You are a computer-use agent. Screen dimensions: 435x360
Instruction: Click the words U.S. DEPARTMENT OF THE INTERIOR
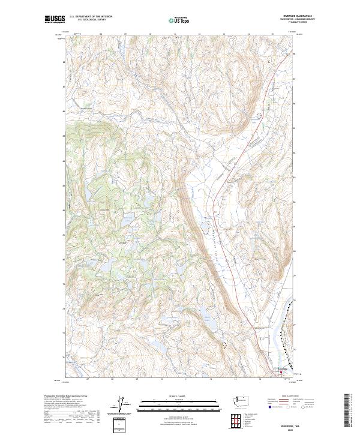point(91,17)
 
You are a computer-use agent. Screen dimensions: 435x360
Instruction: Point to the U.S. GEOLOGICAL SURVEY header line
point(91,20)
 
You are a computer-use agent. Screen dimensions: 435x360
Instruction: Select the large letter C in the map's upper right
point(269,61)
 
